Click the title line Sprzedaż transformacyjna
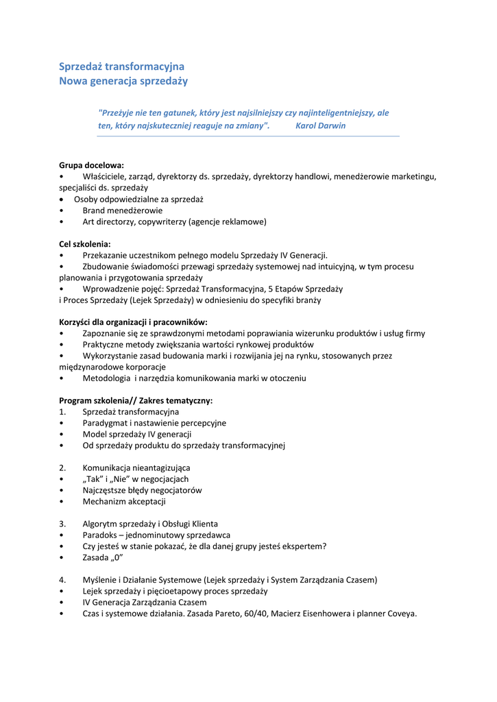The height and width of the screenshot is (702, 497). pyautogui.click(x=121, y=66)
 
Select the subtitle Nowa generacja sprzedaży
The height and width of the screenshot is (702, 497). pyautogui.click(x=123, y=81)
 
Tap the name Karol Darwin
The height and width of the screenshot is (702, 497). pyautogui.click(x=320, y=126)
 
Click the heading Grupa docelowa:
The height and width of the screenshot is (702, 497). pyautogui.click(x=91, y=165)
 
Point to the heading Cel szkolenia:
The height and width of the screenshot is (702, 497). pyautogui.click(x=85, y=243)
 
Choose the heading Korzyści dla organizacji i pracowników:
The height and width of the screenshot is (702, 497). pyautogui.click(x=133, y=322)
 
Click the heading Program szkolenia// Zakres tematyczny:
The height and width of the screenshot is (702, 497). pyautogui.click(x=136, y=400)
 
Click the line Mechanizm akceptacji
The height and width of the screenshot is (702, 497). pyautogui.click(x=124, y=501)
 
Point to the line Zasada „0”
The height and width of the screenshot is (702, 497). pyautogui.click(x=102, y=557)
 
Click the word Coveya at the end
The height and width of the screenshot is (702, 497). pyautogui.click(x=402, y=614)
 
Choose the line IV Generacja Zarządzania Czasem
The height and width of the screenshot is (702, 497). pyautogui.click(x=145, y=602)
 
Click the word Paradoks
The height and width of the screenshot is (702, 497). pyautogui.click(x=101, y=535)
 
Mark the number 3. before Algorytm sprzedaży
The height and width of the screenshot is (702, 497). pyautogui.click(x=62, y=524)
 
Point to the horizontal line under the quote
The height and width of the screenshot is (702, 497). pyautogui.click(x=247, y=136)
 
